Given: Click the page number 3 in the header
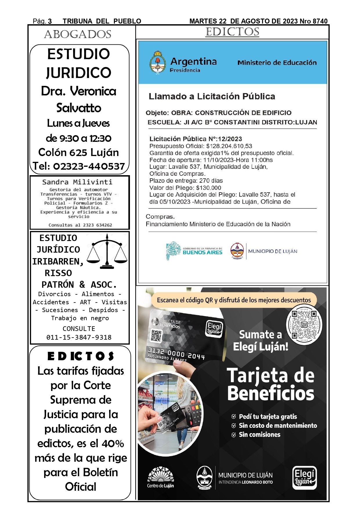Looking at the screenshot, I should pyautogui.click(x=50, y=21).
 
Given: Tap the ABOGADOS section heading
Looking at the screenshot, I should pyautogui.click(x=78, y=35).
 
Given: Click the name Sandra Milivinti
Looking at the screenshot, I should pyautogui.click(x=77, y=182).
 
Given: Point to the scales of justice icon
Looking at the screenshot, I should pyautogui.click(x=107, y=251).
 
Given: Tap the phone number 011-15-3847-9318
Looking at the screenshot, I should pyautogui.click(x=79, y=337).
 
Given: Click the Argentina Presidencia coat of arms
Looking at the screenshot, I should pyautogui.click(x=158, y=63).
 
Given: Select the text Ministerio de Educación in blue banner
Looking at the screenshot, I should pyautogui.click(x=277, y=63).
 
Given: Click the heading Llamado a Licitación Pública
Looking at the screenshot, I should pyautogui.click(x=212, y=97).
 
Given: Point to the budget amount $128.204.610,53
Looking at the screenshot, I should pyautogui.click(x=229, y=146).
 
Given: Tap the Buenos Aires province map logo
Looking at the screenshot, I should pyautogui.click(x=173, y=250).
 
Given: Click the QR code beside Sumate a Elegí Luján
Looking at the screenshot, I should pyautogui.click(x=304, y=325).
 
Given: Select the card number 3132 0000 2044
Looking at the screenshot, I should pyautogui.click(x=176, y=354).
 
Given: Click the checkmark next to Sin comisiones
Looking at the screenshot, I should pyautogui.click(x=234, y=435).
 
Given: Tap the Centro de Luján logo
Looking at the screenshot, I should pyautogui.click(x=160, y=477).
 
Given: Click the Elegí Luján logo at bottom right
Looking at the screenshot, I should pyautogui.click(x=304, y=478).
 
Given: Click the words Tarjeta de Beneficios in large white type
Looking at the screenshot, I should pyautogui.click(x=271, y=384).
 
